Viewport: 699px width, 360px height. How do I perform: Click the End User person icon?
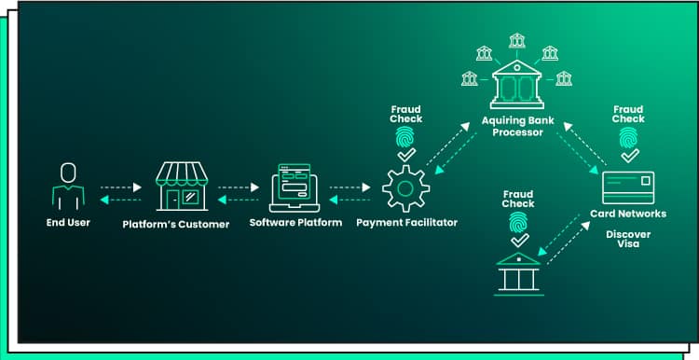[x=67, y=186]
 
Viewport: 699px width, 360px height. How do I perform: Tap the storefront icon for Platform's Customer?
[x=181, y=186]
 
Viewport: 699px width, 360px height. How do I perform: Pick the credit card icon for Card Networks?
[x=628, y=187]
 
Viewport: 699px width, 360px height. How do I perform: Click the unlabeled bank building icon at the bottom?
[x=520, y=271]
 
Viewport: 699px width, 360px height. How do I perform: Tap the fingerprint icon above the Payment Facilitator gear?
[x=405, y=137]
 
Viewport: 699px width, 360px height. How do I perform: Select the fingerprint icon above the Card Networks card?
[x=628, y=138]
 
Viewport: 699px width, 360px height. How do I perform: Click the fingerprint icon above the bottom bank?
[x=518, y=221]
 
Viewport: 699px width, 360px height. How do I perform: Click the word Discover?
[x=628, y=234]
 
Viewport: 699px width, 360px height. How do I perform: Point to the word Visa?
[x=628, y=245]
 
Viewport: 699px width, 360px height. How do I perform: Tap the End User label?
[x=68, y=223]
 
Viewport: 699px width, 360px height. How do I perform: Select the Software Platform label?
[x=295, y=223]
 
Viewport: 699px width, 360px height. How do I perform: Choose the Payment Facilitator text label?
[x=407, y=223]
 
